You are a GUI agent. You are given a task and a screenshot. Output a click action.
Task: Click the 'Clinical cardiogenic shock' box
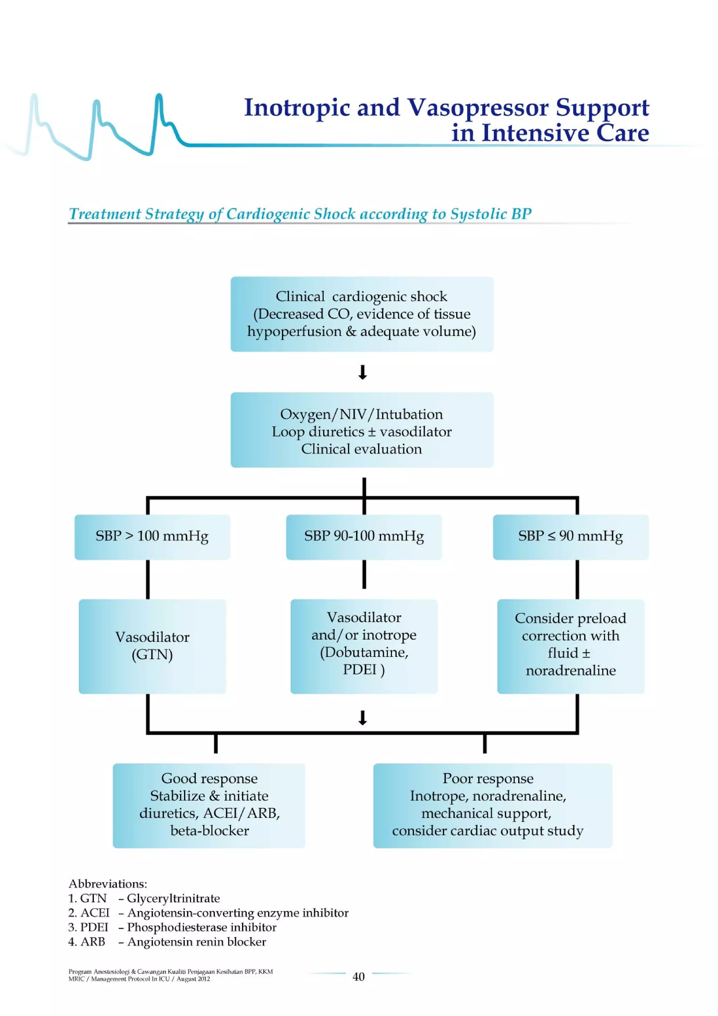[361, 314]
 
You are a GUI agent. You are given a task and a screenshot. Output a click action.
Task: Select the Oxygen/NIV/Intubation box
[361, 430]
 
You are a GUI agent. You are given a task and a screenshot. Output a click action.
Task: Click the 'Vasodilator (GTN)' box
[152, 646]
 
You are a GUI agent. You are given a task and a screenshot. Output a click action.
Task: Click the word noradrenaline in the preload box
[570, 671]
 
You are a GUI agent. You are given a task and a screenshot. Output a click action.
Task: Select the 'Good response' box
[209, 805]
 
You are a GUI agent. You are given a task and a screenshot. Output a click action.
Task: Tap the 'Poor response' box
[492, 805]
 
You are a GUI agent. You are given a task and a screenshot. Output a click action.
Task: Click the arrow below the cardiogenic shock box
[362, 372]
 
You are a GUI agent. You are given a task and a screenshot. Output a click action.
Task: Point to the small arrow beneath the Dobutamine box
[362, 718]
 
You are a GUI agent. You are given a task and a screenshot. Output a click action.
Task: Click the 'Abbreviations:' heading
[108, 884]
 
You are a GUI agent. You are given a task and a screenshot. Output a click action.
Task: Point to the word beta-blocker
[209, 830]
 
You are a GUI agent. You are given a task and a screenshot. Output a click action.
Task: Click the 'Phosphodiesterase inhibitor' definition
[201, 927]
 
